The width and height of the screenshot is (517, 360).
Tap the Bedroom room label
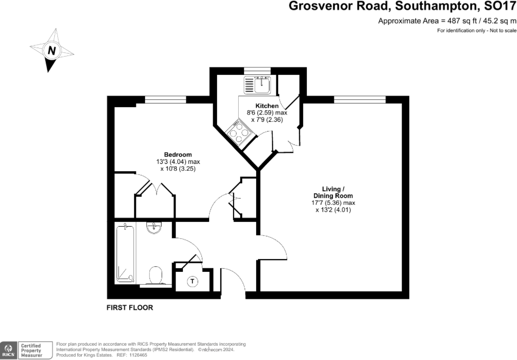coord(178,155)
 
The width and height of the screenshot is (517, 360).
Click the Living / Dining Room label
coord(334,192)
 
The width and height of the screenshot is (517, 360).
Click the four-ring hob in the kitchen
coord(239,134)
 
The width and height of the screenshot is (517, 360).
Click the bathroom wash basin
coord(153,227)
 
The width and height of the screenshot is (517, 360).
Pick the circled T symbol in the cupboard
coord(192,281)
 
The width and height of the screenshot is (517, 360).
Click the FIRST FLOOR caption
coord(130,307)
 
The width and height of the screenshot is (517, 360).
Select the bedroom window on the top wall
coord(165,99)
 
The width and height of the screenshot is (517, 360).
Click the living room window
coord(360,99)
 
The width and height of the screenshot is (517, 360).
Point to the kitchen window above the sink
coord(257,70)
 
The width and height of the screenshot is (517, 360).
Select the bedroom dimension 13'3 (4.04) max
coord(178,162)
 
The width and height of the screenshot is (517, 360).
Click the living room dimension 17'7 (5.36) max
coord(333,203)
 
